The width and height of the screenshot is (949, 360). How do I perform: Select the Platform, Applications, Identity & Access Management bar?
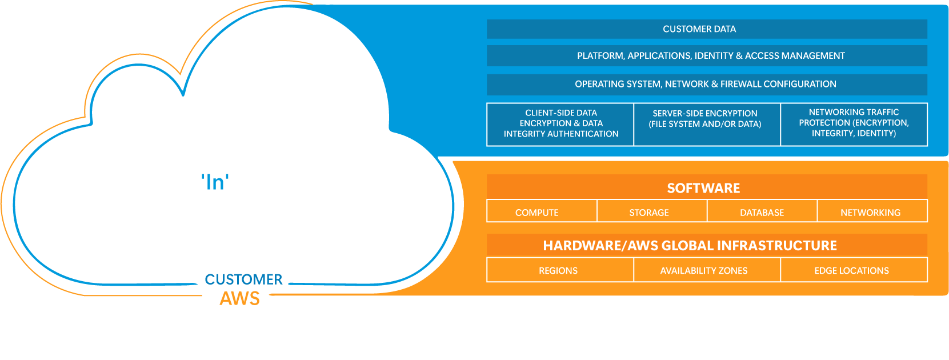[707, 56]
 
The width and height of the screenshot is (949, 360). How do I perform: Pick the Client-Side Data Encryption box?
[560, 124]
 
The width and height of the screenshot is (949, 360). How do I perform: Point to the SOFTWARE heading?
[704, 188]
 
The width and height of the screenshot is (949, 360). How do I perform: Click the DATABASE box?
[762, 211]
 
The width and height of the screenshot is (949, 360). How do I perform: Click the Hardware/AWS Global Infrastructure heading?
[690, 246]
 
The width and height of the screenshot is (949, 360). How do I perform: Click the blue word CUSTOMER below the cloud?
[244, 279]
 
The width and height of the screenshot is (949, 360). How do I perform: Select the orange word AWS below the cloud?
[240, 298]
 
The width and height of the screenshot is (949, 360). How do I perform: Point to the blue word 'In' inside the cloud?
[215, 182]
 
